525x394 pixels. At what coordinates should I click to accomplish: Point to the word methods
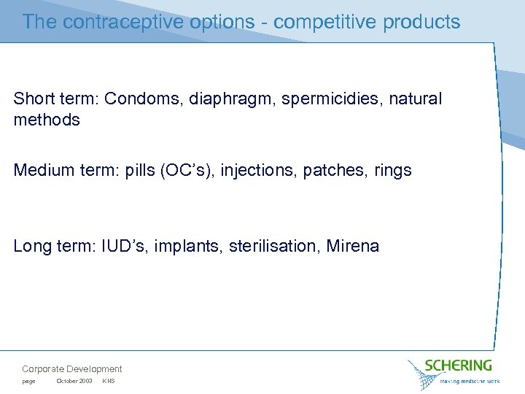pyautogui.click(x=47, y=120)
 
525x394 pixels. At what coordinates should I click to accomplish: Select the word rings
pyautogui.click(x=394, y=171)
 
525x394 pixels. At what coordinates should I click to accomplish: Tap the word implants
pyautogui.click(x=184, y=247)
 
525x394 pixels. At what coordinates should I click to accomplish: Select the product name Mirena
pyautogui.click(x=353, y=247)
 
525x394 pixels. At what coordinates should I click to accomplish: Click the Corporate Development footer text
pyautogui.click(x=72, y=369)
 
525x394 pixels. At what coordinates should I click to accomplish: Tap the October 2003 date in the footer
pyautogui.click(x=74, y=382)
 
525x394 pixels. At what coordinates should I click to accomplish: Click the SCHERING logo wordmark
pyautogui.click(x=459, y=365)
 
